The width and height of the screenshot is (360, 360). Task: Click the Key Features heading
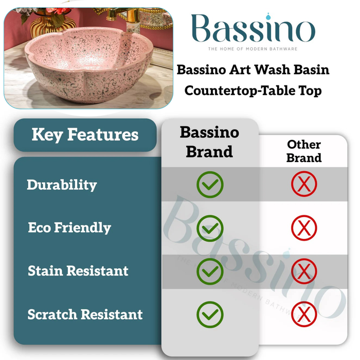[85, 135]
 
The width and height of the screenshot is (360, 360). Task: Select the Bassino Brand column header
[209, 141]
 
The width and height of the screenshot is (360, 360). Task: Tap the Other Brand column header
[304, 151]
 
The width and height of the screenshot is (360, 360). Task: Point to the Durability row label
[62, 185]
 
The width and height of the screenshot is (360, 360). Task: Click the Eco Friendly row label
[69, 228]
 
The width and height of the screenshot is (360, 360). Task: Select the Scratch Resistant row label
[85, 314]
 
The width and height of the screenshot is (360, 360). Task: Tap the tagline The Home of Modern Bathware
[252, 49]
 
